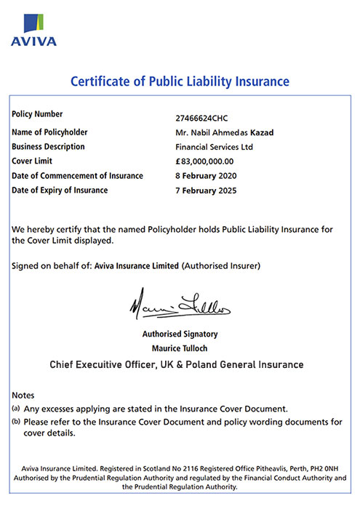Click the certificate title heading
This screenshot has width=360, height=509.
(180, 81)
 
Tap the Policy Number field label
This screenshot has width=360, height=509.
(38, 114)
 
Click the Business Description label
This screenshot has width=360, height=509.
(49, 146)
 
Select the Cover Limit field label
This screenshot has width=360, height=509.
(34, 161)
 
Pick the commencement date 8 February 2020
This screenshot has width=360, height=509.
(197, 176)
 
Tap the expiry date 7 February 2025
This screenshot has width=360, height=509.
(197, 191)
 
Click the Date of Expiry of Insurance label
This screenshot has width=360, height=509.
(60, 190)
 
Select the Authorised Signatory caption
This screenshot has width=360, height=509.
(180, 334)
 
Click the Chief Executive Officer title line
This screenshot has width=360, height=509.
(176, 364)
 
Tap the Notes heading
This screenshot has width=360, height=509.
(23, 395)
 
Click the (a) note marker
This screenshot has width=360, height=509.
(16, 409)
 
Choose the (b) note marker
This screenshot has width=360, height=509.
(16, 422)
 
